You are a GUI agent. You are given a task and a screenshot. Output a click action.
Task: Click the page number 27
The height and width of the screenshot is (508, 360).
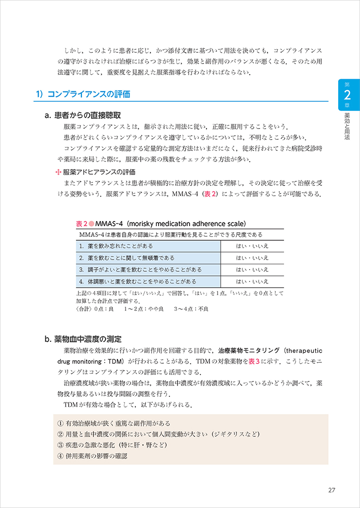(332, 490)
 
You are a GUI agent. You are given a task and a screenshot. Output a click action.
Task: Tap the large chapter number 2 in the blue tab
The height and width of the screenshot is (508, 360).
(347, 95)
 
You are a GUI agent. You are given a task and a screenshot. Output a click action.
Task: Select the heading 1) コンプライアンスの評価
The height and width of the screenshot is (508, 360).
(83, 94)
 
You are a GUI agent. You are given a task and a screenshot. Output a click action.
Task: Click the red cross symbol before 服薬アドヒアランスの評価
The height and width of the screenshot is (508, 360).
(57, 172)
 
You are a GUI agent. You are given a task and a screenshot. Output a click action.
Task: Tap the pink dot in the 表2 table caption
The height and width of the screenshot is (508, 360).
(91, 224)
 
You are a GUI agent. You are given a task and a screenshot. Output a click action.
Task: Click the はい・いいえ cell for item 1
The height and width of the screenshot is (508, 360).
(252, 246)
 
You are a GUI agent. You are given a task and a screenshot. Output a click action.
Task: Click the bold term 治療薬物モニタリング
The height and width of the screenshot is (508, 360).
(249, 351)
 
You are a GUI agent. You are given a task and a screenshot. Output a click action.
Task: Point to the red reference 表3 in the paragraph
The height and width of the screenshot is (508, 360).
(255, 362)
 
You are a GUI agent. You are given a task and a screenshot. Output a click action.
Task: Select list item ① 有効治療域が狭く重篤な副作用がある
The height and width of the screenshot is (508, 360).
(114, 423)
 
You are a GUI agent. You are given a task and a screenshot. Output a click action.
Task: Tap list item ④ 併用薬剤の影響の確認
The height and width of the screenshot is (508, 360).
(93, 456)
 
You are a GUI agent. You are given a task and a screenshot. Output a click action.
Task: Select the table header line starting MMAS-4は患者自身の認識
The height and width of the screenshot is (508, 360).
(171, 234)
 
